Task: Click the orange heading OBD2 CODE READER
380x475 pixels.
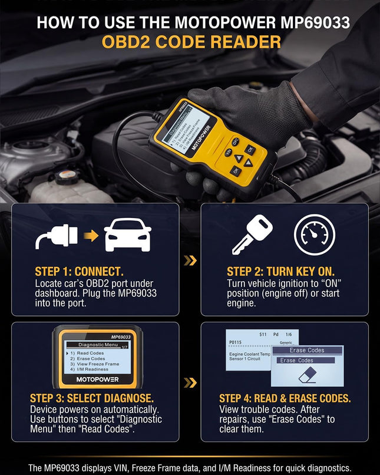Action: pos(191,42)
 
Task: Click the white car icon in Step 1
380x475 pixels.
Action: pos(127,235)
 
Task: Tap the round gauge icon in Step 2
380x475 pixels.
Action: pos(314,235)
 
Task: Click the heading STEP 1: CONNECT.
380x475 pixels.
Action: pos(79,272)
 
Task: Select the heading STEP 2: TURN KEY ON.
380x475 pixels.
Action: pos(280,272)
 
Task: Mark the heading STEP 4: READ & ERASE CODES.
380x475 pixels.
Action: pos(285,398)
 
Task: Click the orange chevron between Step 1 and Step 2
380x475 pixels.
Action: pos(190,260)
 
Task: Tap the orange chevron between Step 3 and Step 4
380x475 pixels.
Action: pos(190,383)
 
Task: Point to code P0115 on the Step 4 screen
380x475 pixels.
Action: pos(236,341)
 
